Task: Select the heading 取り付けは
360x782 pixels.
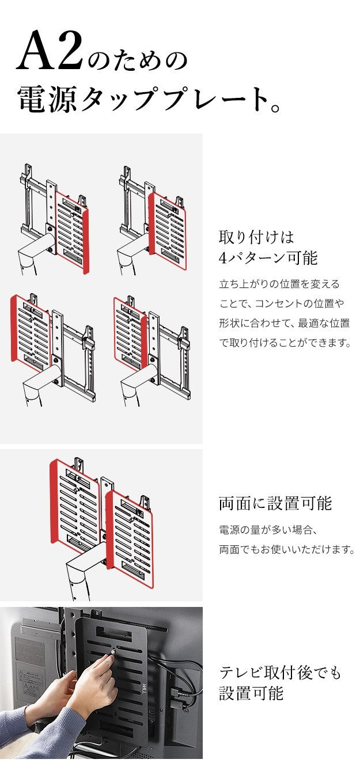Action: pos(256,237)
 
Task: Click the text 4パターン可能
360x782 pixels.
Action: pos(268,258)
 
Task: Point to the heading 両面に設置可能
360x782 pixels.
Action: pos(275,503)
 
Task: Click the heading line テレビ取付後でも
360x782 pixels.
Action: pos(280,672)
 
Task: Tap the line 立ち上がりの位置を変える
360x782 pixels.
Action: pos(279,284)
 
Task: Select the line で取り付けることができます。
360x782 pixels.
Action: pos(285,343)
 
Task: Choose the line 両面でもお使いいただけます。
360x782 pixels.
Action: pos(286,550)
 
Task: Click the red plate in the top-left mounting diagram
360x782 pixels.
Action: pos(72,230)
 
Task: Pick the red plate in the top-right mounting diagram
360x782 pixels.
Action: pos(168,230)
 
